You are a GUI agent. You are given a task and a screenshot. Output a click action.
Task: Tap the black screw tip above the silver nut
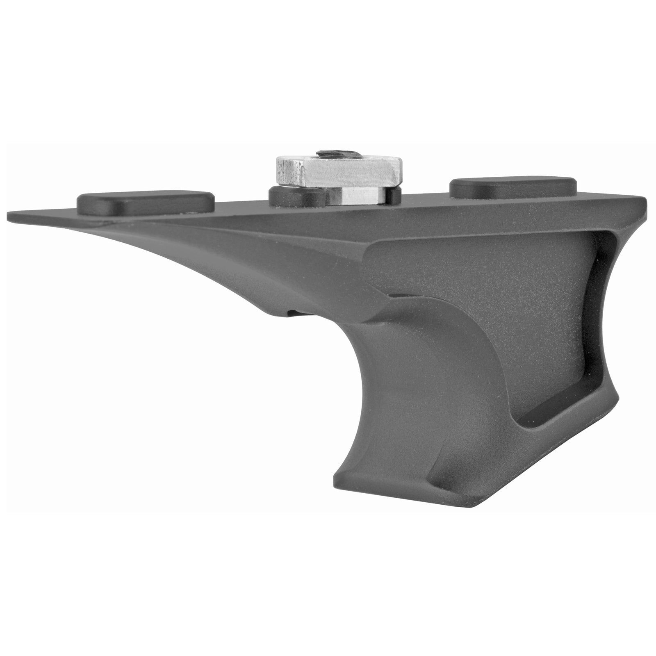click(339, 153)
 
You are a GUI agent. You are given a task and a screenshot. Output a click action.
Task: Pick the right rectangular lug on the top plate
click(513, 186)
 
